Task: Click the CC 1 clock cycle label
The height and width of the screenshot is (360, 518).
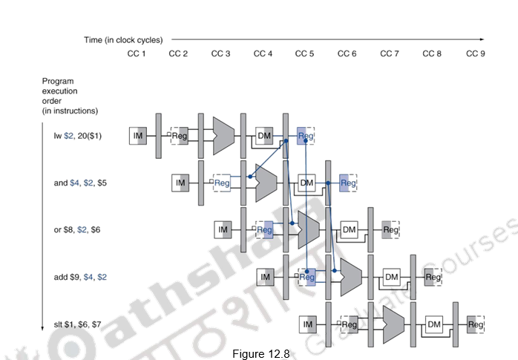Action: point(136,53)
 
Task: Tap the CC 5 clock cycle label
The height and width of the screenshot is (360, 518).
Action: point(305,53)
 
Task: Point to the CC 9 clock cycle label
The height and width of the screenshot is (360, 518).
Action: point(475,53)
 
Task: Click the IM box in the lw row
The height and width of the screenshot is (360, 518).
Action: point(137,136)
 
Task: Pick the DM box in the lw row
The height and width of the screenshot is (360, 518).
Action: point(264,136)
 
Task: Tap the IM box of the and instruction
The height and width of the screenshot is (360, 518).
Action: point(180,183)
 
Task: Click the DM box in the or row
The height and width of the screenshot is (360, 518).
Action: point(349,230)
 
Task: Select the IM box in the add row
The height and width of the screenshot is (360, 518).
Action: point(265,277)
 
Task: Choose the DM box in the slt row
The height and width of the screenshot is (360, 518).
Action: point(434,324)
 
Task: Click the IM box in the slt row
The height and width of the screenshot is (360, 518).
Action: point(307,324)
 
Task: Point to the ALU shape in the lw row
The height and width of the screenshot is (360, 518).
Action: point(223,136)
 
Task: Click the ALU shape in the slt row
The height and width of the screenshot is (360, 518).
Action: point(393,324)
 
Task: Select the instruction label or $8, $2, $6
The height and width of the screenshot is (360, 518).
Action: point(77,230)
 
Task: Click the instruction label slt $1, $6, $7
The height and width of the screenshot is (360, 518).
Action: point(77,324)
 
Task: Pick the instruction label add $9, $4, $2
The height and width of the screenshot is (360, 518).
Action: point(80,277)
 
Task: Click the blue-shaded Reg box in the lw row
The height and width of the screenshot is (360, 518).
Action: point(306,136)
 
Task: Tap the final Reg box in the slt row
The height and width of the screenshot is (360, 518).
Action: point(475,324)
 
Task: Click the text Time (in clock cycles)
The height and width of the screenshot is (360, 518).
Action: point(123,39)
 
